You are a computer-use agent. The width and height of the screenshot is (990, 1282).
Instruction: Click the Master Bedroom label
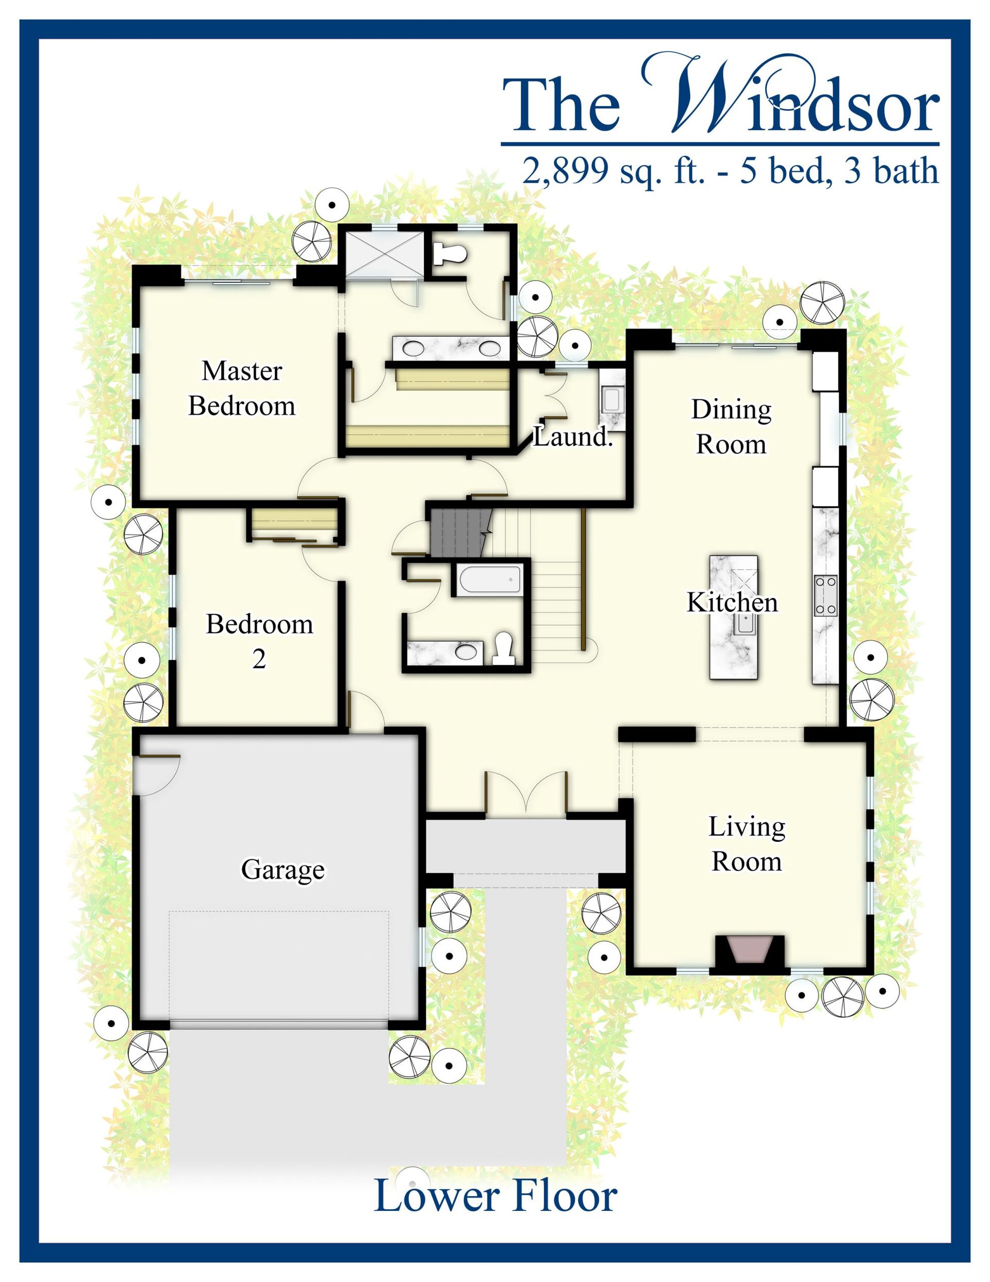coord(242,388)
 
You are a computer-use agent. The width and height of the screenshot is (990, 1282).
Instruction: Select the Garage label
coord(283,869)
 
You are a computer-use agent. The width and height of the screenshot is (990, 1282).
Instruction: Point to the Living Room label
coord(747,844)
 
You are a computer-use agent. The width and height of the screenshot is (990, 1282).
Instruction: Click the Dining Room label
coord(731,427)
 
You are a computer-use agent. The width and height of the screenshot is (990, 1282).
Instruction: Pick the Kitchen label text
coord(732,602)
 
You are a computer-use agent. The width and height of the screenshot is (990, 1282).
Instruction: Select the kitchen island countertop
coord(734,617)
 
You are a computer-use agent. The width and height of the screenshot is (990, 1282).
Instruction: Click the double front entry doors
coord(526,793)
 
